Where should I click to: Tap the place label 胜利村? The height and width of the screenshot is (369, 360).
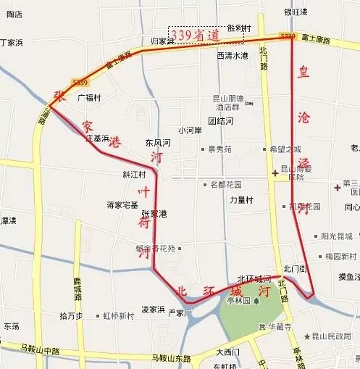point(238,28)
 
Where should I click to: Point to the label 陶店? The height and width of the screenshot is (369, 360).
point(14,14)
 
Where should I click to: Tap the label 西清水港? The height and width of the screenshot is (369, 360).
point(232,56)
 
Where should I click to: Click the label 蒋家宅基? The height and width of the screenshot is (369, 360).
point(122,205)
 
